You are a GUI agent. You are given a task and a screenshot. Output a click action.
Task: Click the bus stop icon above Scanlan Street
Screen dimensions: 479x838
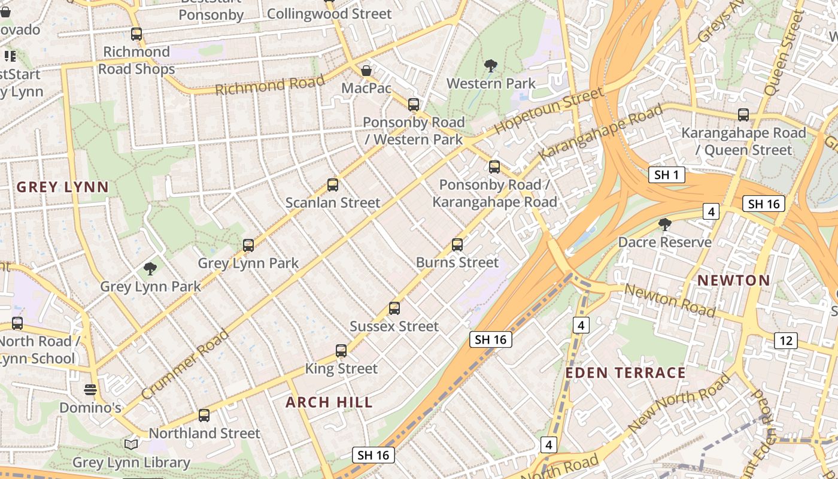pos(333,185)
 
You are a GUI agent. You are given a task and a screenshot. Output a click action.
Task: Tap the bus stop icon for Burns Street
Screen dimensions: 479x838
pos(457,244)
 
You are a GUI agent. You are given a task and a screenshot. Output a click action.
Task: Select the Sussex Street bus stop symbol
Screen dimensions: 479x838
pos(394,308)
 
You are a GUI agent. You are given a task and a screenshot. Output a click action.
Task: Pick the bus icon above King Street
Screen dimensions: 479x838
pos(341,351)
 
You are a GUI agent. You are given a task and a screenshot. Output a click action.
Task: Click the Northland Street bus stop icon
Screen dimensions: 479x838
pos(204,415)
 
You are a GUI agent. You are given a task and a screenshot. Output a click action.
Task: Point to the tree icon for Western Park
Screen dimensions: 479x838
pos(491,65)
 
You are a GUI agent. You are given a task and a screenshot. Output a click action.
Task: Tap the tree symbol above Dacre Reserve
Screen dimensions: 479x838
pos(664,225)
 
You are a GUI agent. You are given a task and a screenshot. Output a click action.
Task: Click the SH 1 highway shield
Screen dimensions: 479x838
pos(666,175)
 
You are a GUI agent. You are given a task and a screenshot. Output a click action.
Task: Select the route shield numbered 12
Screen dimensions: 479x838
pos(785,341)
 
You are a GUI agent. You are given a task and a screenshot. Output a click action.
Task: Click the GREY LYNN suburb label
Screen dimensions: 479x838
pos(63,187)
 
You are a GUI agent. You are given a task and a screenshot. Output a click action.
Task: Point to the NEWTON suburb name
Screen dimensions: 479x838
pos(734,280)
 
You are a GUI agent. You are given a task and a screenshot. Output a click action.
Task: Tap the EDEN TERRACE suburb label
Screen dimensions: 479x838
pos(626,373)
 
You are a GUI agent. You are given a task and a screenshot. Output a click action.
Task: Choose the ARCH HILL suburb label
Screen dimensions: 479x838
pos(329,402)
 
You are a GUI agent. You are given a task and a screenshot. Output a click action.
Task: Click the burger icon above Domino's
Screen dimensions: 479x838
pos(90,390)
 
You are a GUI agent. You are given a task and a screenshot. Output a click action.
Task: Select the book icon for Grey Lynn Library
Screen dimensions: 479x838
pos(131,444)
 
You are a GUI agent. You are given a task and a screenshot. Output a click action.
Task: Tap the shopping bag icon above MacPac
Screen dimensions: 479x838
pos(366,71)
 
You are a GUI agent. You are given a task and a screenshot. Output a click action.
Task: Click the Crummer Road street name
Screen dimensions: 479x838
pos(186,365)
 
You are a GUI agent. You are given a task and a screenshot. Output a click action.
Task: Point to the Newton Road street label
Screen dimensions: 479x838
pos(670,300)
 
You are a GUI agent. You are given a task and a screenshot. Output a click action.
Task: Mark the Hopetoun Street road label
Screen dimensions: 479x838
pos(548,111)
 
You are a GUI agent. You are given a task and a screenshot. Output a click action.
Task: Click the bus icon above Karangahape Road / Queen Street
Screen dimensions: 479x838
pos(743,114)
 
